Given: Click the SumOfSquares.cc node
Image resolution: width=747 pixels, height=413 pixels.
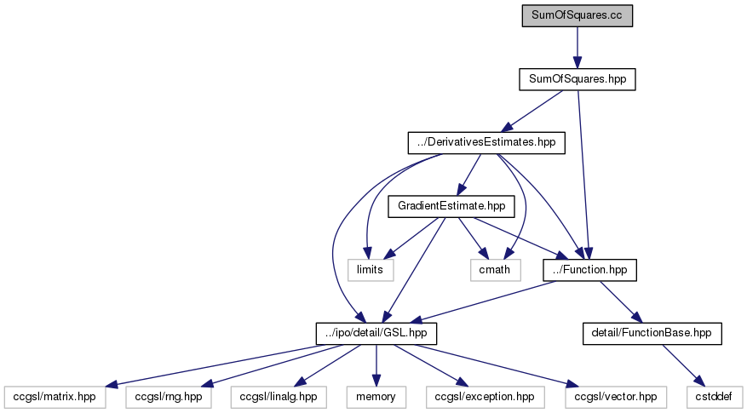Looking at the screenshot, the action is coord(577,15).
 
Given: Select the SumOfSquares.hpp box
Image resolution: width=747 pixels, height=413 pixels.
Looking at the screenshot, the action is coord(577,79).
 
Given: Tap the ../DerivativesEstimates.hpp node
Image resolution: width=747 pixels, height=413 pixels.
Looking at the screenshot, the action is coord(486,142).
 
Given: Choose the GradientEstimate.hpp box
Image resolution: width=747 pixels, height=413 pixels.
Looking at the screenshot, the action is coord(451,206).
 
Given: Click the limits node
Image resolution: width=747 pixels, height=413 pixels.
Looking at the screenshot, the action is coord(371,270).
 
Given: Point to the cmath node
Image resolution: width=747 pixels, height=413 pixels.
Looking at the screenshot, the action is coord(495,270).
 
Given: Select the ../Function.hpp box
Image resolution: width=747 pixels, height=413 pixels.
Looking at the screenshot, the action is coord(589,270).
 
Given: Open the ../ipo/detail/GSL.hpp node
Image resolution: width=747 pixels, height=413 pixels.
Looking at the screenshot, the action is coord(376,333).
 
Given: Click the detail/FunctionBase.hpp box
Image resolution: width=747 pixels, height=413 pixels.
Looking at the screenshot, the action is coord(652,333).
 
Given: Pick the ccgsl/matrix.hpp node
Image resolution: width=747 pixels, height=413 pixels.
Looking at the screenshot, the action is coord(55,397).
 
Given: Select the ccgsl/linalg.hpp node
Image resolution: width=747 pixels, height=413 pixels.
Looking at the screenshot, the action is coord(279,397).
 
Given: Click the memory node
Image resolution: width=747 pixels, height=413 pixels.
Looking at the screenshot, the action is coord(376,397).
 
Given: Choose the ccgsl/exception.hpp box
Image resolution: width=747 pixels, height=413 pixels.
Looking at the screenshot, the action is coord(485,397).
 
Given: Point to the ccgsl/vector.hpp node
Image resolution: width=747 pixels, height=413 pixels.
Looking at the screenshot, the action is coord(616,397).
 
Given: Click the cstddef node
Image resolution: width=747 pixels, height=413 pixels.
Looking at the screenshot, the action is coord(714,397).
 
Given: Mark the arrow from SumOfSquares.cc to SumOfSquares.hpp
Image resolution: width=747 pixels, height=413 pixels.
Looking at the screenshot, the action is coord(577,48).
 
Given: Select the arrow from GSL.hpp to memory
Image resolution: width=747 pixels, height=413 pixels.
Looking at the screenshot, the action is coord(376,365).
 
